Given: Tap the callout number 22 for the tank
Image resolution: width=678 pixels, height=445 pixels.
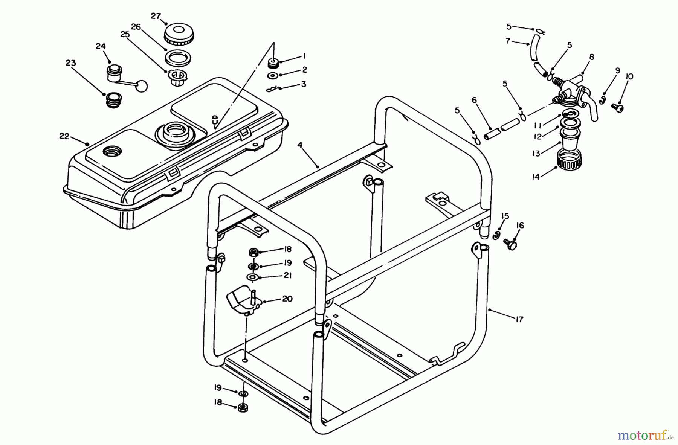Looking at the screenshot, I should pos(64,136).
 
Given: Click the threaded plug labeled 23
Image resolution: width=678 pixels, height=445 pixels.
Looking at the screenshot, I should pos(112,101).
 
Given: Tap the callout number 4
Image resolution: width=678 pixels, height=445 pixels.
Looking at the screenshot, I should pos(300,145).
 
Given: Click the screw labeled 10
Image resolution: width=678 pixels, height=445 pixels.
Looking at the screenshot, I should pos(618,108).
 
